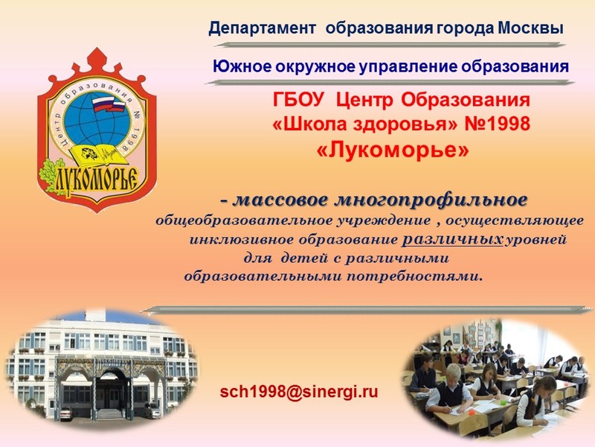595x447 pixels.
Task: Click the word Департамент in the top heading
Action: [x=263, y=28]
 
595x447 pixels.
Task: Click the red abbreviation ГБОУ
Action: [x=298, y=100]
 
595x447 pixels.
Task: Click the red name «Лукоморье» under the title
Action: [x=393, y=150]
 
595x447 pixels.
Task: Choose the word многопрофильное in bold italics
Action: [x=431, y=200]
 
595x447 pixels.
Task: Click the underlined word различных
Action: [x=452, y=240]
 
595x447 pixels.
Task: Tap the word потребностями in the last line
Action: [x=415, y=276]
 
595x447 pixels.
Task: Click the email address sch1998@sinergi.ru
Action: [x=299, y=392]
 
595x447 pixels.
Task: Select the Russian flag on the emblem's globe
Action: [x=109, y=104]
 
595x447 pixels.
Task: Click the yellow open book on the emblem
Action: [x=97, y=155]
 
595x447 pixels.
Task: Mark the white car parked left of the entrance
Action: [x=65, y=413]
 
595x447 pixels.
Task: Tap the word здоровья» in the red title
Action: [x=405, y=124]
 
